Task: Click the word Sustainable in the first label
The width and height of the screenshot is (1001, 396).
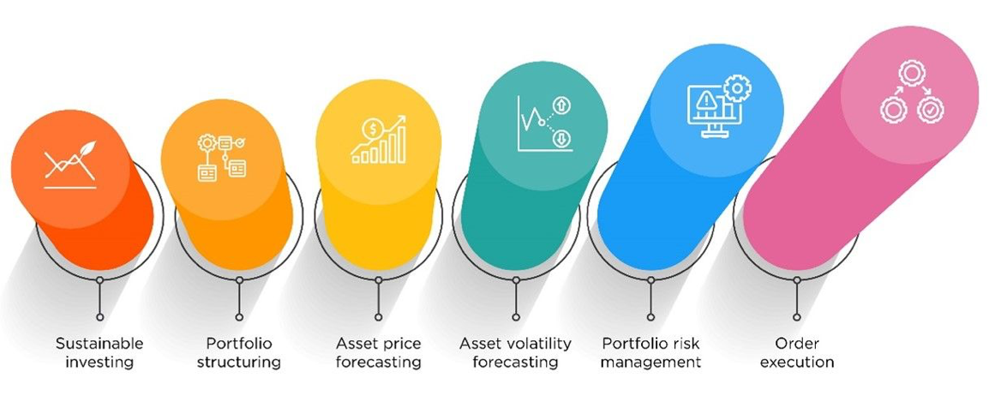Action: [x=99, y=344]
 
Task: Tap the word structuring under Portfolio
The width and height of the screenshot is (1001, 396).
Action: [x=239, y=363]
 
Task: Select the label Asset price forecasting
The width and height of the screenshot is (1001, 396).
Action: [x=379, y=352]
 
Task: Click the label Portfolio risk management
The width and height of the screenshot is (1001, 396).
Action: [x=650, y=352]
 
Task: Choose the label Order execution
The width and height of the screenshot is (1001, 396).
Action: [x=797, y=352]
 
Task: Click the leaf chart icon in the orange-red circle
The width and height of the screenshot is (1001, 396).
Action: [x=70, y=165]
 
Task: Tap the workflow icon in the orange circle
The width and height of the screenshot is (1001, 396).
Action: [x=221, y=157]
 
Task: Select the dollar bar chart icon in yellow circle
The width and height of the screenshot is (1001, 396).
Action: [x=379, y=139]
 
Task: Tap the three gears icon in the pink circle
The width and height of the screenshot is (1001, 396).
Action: [x=912, y=92]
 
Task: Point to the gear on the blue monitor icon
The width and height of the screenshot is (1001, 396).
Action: [x=738, y=88]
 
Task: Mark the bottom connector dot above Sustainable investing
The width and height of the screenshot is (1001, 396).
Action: [x=99, y=317]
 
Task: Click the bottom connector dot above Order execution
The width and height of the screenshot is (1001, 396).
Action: [x=797, y=317]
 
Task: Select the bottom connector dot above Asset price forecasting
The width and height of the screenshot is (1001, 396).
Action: [x=379, y=317]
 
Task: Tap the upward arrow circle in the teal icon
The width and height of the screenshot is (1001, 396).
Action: [x=563, y=105]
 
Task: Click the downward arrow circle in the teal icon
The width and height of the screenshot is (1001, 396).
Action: [x=563, y=137]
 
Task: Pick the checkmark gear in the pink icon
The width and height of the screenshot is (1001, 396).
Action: [x=931, y=110]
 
